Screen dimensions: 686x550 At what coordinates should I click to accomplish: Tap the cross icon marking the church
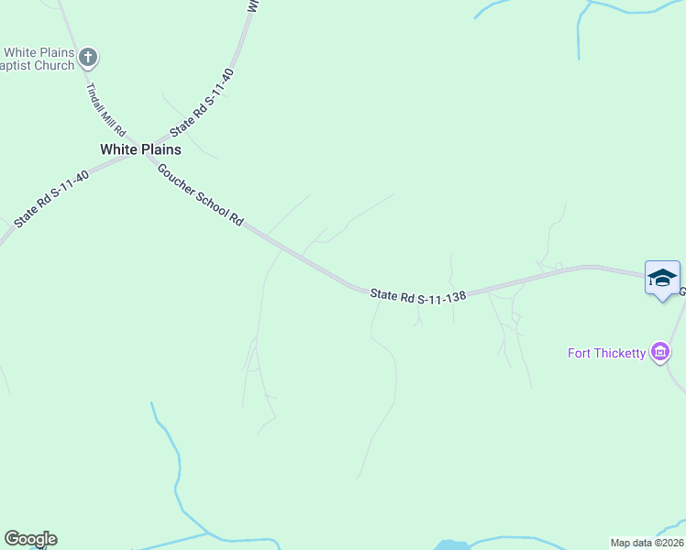click(x=88, y=58)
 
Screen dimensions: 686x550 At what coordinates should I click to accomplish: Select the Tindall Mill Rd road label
click(x=105, y=109)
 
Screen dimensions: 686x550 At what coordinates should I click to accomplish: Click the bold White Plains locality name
click(x=140, y=149)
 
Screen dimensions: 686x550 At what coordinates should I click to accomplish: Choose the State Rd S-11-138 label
click(x=418, y=295)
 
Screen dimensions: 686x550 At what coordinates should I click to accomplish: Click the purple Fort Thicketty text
click(x=606, y=353)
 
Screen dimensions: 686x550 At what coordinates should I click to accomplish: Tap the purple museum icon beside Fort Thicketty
click(x=658, y=352)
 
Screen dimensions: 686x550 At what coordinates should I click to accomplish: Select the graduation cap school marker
click(x=661, y=278)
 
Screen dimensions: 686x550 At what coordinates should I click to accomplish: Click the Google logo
click(x=30, y=539)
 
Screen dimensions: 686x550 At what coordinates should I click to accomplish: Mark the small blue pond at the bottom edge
click(x=450, y=544)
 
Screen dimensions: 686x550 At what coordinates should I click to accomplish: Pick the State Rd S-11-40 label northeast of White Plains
click(x=203, y=100)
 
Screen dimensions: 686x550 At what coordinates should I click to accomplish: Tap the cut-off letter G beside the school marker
click(x=682, y=291)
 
